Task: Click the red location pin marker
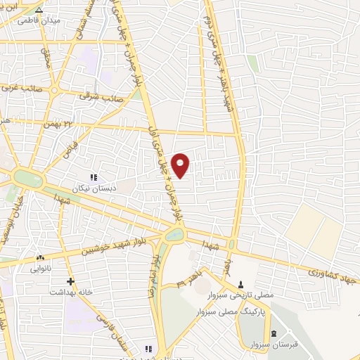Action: (x=181, y=165)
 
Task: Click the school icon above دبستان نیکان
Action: (x=94, y=177)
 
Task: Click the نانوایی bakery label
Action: (x=40, y=269)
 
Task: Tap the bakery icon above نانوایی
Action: (x=40, y=258)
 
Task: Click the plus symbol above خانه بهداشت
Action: (x=70, y=281)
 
